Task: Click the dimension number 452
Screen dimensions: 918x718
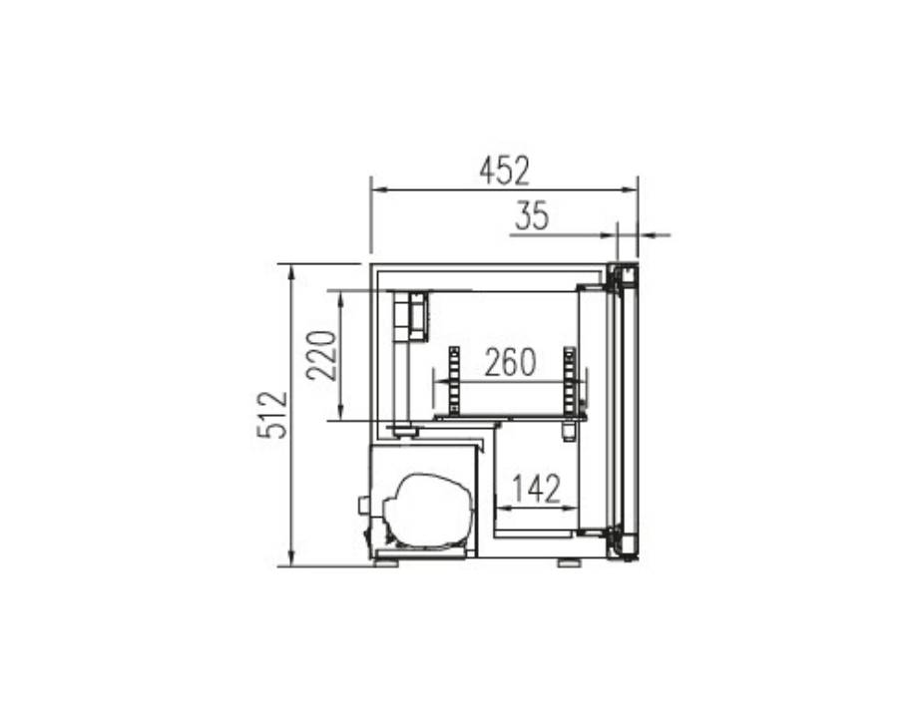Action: pos(504,171)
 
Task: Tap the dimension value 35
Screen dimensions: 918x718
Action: pos(532,215)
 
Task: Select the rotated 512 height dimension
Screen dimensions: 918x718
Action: pos(272,415)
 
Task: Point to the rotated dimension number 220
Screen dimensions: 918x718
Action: pos(322,356)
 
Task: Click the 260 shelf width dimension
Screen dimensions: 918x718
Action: pos(510,362)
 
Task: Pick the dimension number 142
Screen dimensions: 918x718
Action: pos(536,489)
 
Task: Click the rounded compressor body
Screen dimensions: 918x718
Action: pos(428,511)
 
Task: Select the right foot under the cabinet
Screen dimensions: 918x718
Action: pos(569,562)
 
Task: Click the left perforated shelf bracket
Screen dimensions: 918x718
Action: pos(454,380)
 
